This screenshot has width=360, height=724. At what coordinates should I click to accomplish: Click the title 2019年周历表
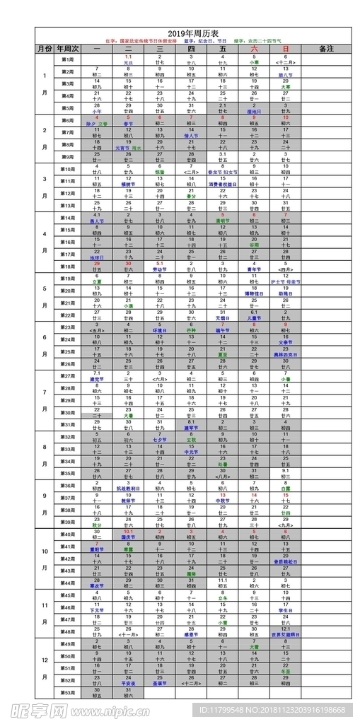tap(193, 33)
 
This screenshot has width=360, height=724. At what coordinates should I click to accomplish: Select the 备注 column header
tap(326, 49)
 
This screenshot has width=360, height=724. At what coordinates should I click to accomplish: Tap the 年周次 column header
tap(67, 49)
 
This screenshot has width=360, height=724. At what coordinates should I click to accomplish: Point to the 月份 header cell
tap(44, 49)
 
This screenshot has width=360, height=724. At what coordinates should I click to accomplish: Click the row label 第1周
tap(68, 59)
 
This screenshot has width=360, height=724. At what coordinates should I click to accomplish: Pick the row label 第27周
tap(68, 376)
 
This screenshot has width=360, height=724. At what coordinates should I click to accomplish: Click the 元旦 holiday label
tap(129, 62)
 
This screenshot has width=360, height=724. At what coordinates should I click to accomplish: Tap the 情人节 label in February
tap(191, 135)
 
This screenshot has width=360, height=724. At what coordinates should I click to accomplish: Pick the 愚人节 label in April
tap(98, 221)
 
